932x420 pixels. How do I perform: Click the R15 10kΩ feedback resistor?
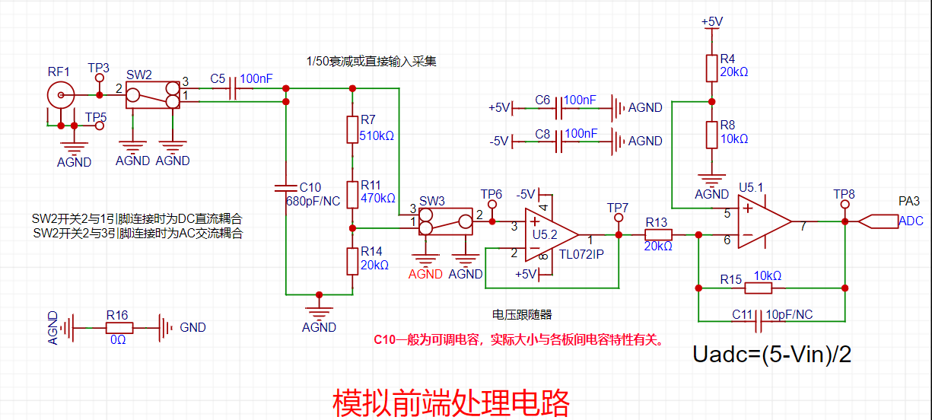(x=759, y=288)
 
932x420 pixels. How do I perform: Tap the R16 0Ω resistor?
(x=119, y=328)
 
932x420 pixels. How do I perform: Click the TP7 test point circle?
(x=618, y=218)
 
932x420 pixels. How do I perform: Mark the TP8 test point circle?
(x=844, y=205)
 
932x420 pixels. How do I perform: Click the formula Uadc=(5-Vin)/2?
(x=771, y=355)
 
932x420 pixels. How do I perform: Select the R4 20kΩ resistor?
(x=711, y=68)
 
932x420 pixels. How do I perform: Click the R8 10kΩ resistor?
(x=711, y=134)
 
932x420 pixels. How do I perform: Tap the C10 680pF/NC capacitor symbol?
(x=286, y=187)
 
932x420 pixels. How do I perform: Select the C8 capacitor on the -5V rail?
(x=560, y=141)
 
